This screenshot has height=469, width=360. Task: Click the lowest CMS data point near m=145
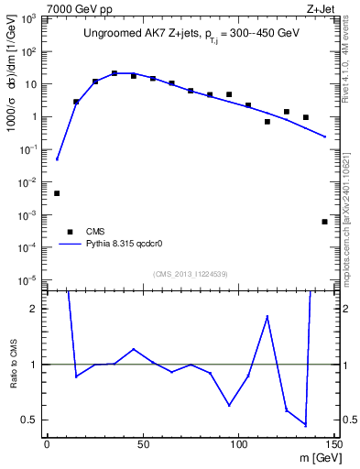point(325,222)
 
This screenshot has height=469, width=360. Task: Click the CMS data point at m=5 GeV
point(57,193)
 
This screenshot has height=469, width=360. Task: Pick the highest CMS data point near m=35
point(115,73)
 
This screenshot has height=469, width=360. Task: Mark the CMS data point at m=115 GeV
point(267,121)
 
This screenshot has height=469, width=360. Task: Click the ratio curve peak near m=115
point(267,317)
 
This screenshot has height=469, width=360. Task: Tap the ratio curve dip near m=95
point(229,405)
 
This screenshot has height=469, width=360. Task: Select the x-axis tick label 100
point(238,445)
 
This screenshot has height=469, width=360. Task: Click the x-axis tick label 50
point(143,445)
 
